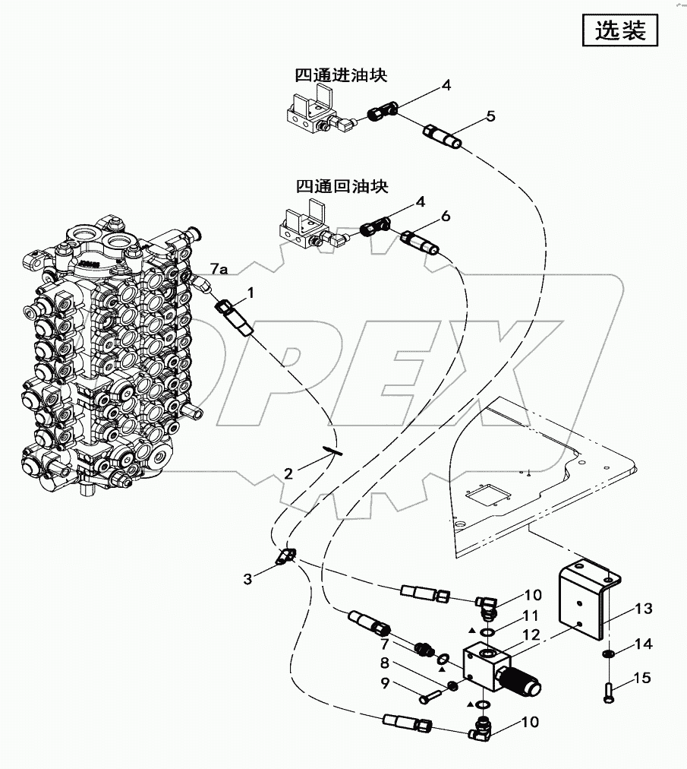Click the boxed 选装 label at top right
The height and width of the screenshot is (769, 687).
(619, 30)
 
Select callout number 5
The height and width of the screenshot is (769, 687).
(490, 116)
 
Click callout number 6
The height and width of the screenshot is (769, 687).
(446, 216)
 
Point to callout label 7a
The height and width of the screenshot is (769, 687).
(219, 269)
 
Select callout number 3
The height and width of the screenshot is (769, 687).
(247, 579)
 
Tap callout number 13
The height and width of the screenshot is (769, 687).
(642, 609)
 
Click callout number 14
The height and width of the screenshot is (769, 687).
(643, 644)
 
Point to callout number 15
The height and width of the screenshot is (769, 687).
(642, 678)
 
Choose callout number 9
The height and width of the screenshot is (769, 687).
(386, 682)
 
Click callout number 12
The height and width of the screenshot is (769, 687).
(531, 635)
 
